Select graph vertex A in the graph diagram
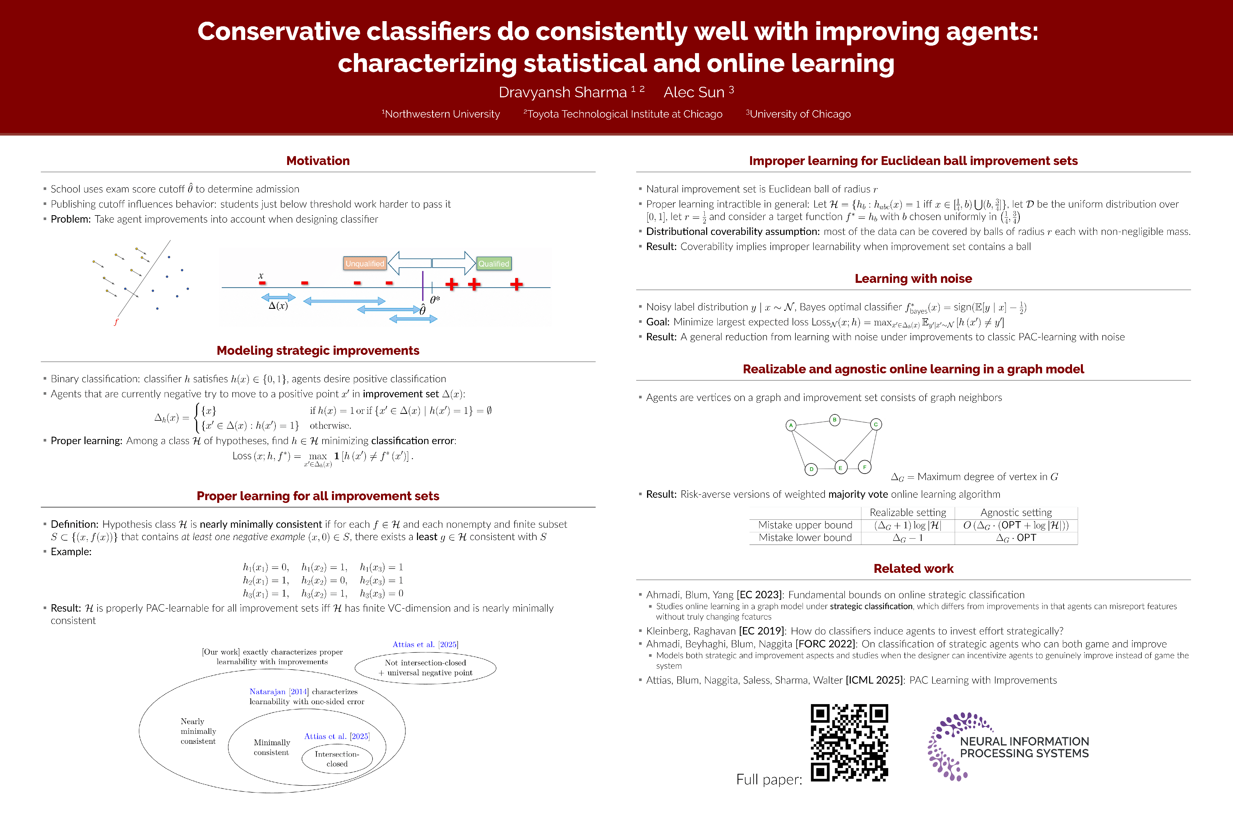[x=791, y=425]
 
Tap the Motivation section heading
[x=318, y=161]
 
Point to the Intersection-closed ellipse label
[x=337, y=759]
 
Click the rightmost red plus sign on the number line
[x=516, y=284]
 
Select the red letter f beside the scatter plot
[x=116, y=322]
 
